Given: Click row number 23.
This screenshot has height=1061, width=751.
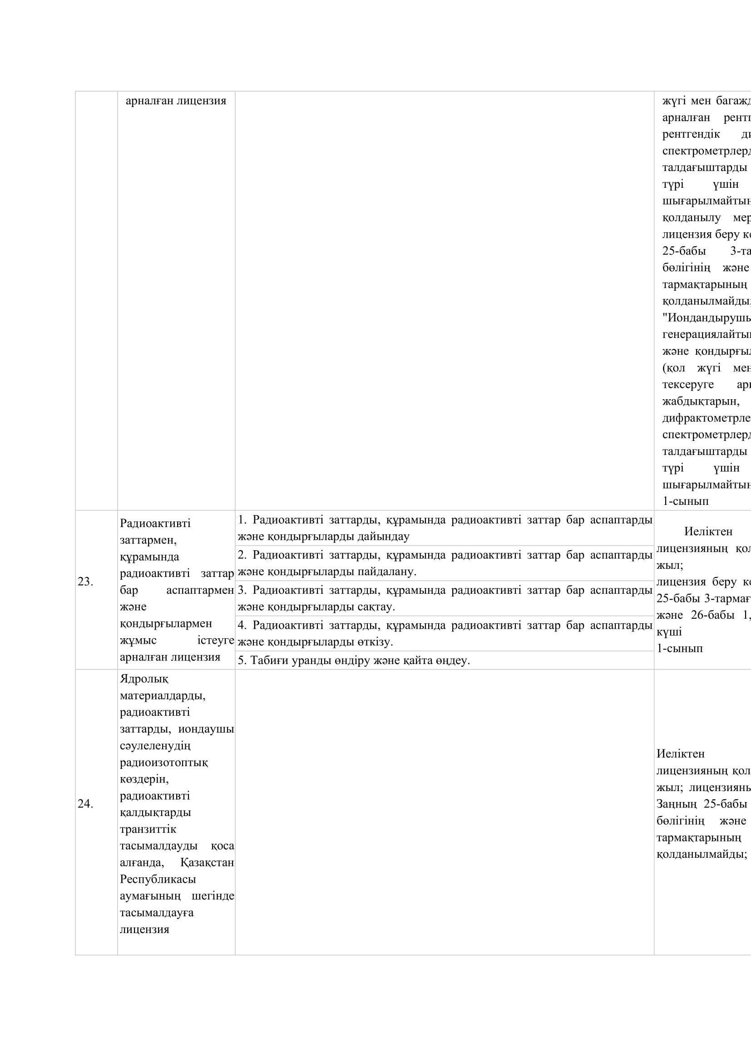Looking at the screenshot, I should [85, 582].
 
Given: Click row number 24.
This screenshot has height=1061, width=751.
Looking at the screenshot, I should [85, 804].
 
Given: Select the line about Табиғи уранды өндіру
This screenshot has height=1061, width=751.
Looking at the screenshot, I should [354, 660].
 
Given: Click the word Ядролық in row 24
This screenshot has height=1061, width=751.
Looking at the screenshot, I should [144, 679].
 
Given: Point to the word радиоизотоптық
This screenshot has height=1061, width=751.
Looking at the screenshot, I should [164, 762].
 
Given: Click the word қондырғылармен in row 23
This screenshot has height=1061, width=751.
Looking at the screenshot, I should [166, 623].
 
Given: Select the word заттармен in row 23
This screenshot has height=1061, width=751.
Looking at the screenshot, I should [148, 540].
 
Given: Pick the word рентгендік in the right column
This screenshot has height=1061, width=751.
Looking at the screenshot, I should [691, 134].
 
